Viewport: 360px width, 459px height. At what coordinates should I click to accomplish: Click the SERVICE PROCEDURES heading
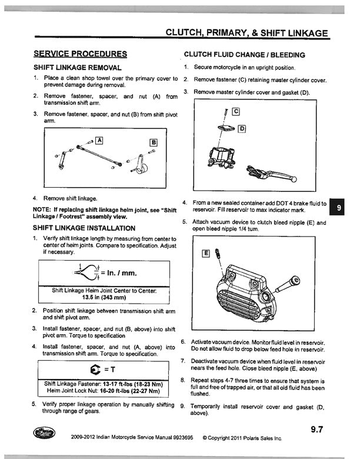point(80,54)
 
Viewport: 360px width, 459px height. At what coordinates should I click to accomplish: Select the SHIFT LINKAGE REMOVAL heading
point(78,68)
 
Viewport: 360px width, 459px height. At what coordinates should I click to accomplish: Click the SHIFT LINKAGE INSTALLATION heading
point(84,228)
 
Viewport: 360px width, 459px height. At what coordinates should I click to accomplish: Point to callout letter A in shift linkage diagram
point(99,140)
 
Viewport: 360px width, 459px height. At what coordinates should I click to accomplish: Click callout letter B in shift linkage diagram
point(154,142)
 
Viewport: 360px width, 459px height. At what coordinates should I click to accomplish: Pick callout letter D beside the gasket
point(241,128)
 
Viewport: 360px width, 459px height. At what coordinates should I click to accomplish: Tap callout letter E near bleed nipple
point(205,254)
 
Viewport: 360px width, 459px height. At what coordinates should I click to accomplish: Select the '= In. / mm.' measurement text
point(122,274)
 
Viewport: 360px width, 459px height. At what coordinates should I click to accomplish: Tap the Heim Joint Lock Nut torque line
point(104,391)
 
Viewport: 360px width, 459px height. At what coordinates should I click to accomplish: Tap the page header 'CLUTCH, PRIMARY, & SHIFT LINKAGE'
point(246,33)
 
